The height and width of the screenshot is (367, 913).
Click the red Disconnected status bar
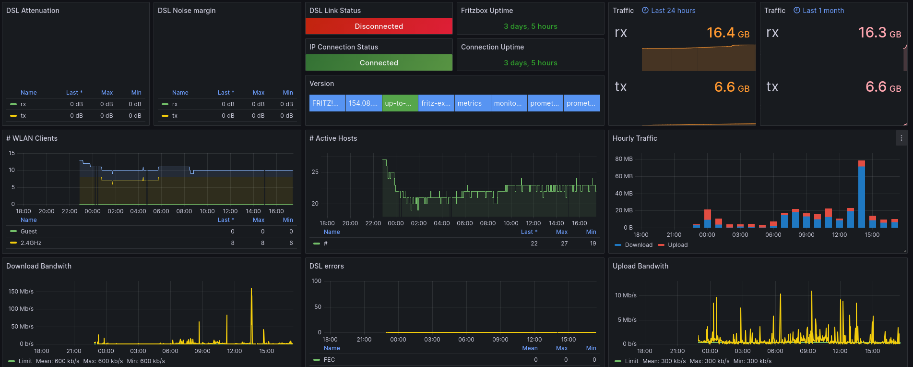379,26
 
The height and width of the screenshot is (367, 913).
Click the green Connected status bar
379,62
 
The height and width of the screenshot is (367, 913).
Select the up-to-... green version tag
400,103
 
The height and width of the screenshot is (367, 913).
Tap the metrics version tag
473,103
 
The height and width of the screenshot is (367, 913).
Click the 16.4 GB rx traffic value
728,33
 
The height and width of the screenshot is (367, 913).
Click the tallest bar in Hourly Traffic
861,194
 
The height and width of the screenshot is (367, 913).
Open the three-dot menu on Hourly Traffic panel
901,138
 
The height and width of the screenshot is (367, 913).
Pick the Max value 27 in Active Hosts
564,244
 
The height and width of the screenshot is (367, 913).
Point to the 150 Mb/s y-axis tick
21,292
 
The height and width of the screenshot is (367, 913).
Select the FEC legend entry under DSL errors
329,360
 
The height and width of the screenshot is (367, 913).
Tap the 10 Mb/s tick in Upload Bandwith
626,295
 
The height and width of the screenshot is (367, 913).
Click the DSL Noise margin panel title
187,11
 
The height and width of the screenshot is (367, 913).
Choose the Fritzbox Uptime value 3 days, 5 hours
530,26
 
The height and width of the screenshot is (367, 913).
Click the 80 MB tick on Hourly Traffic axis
624,159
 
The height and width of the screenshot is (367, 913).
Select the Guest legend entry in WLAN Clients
29,232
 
